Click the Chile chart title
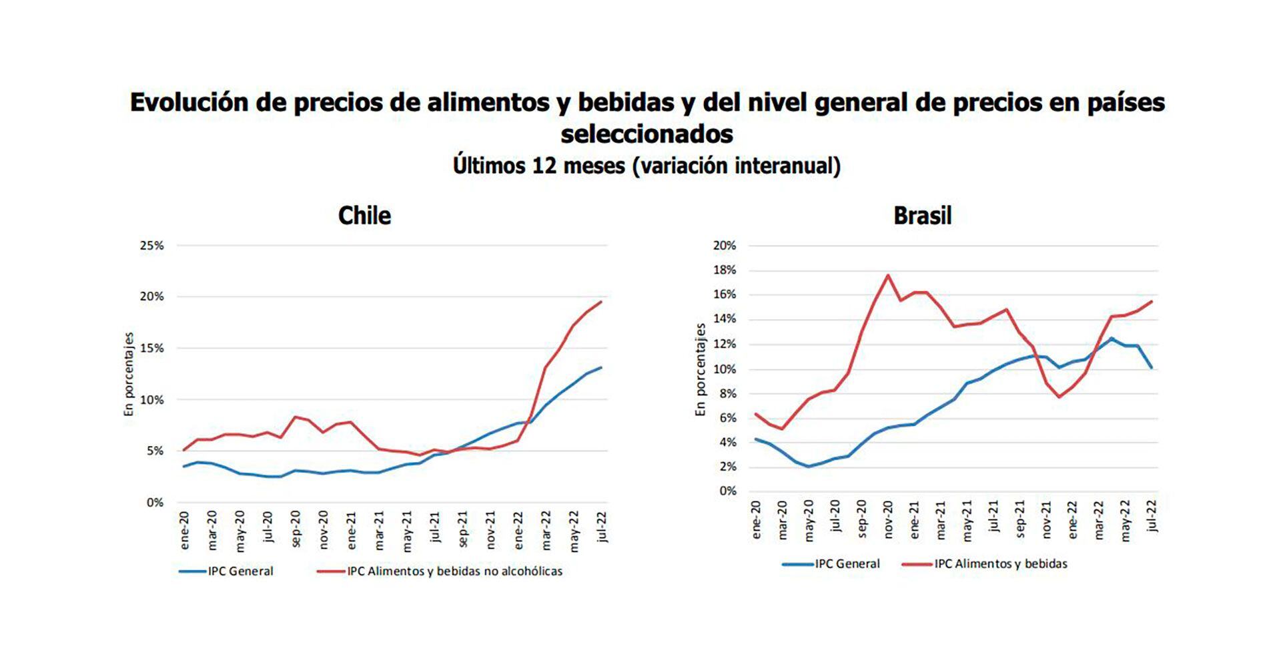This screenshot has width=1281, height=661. point(364,216)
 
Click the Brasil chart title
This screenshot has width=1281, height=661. point(922,216)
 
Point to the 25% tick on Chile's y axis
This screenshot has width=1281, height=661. point(151,246)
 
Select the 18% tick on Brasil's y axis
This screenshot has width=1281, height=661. point(725,270)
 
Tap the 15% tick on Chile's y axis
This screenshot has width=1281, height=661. point(151,349)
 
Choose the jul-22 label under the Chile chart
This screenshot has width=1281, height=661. point(602,527)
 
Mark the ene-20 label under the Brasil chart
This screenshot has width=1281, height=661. point(756,521)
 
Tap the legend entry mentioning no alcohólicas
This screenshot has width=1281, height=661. point(454,572)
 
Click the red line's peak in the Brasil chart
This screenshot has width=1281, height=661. point(888,275)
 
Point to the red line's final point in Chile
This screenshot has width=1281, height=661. point(601,302)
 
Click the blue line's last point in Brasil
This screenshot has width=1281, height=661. point(1152,368)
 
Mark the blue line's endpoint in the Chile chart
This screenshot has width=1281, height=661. point(601,367)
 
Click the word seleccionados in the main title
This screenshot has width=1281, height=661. point(647,134)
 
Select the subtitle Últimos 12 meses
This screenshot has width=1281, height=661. point(647,166)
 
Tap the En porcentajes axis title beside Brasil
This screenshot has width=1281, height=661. point(701,370)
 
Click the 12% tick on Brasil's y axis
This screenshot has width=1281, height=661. point(725,345)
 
